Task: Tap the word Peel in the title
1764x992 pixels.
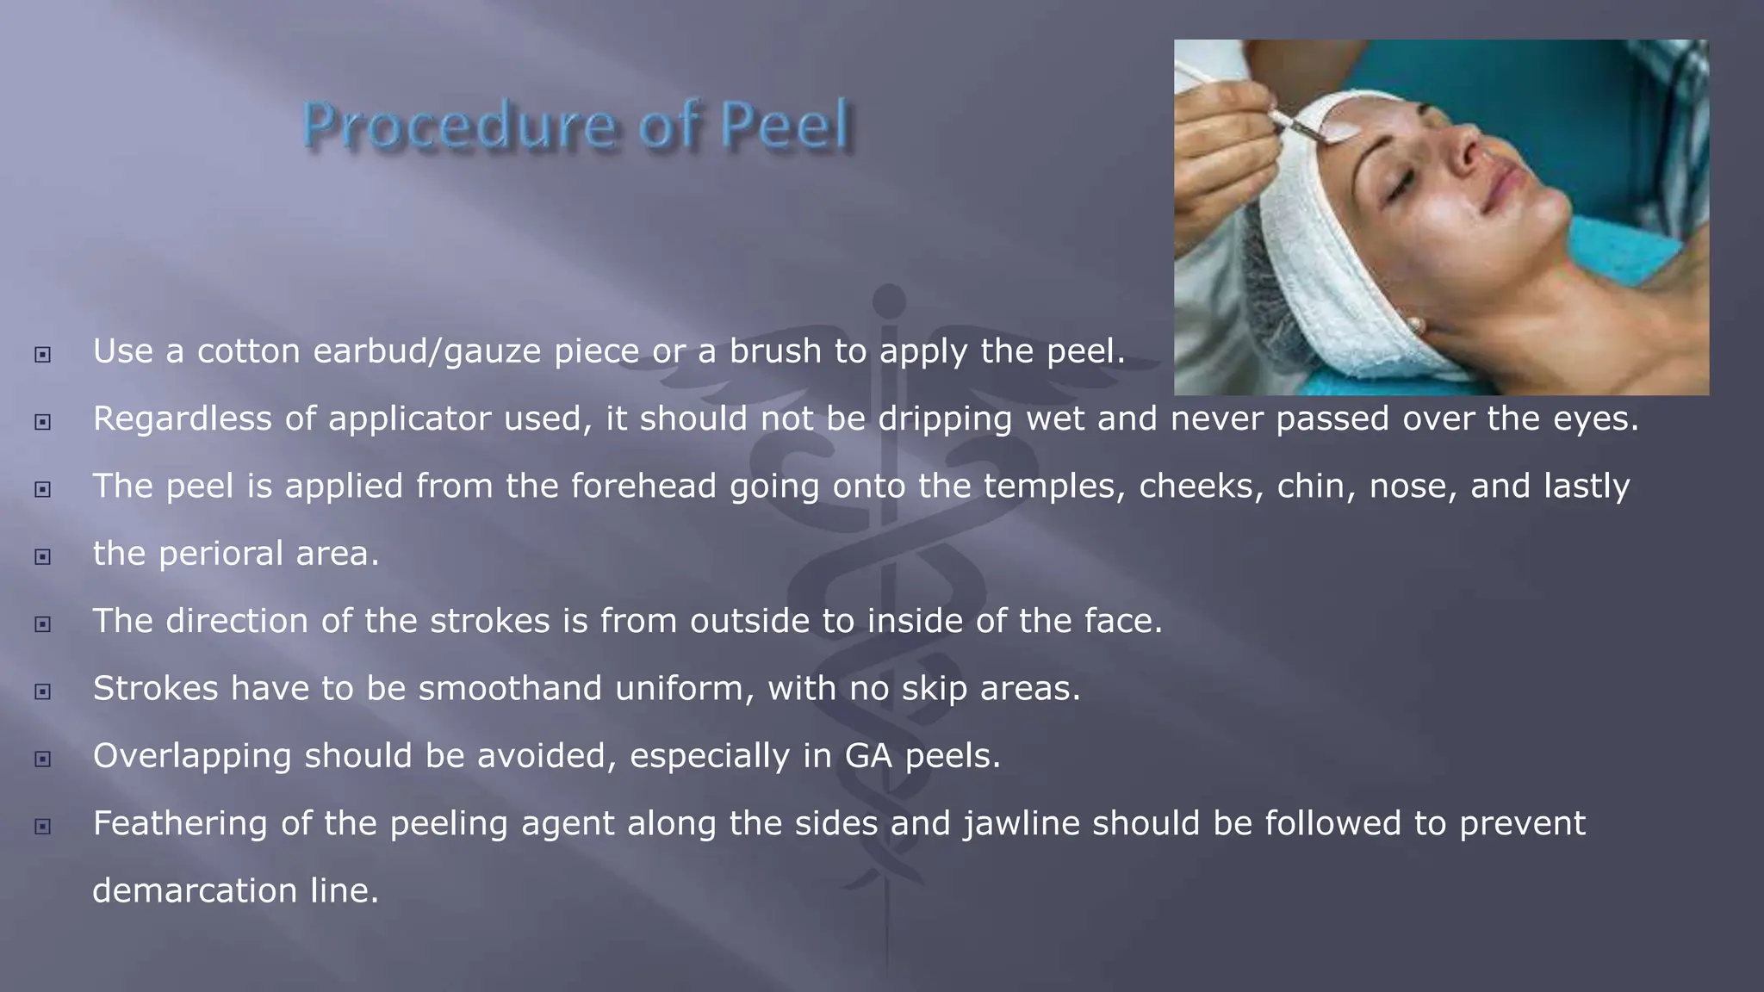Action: click(x=785, y=126)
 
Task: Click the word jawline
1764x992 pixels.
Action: click(x=1022, y=823)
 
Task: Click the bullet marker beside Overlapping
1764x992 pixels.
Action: click(x=42, y=759)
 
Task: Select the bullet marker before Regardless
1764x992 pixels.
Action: click(x=42, y=422)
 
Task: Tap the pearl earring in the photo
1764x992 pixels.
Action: click(x=1413, y=324)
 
